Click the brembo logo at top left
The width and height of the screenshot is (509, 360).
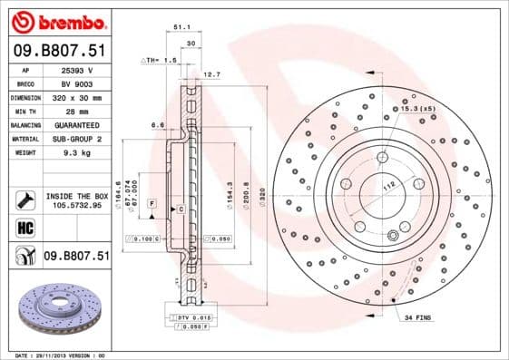pos(58,21)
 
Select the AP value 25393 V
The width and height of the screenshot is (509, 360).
pos(76,70)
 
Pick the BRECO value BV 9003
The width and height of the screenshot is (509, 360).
pos(76,83)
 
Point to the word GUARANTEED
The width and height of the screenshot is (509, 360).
pos(76,124)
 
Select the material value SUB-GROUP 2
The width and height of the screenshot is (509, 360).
pos(76,139)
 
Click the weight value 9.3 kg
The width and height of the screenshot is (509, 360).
pos(76,152)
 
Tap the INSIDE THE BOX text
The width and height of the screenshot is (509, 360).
pos(76,196)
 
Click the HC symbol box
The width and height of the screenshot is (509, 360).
pos(24,228)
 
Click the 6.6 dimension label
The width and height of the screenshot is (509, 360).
pos(157,125)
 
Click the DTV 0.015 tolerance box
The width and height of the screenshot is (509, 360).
pos(191,316)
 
